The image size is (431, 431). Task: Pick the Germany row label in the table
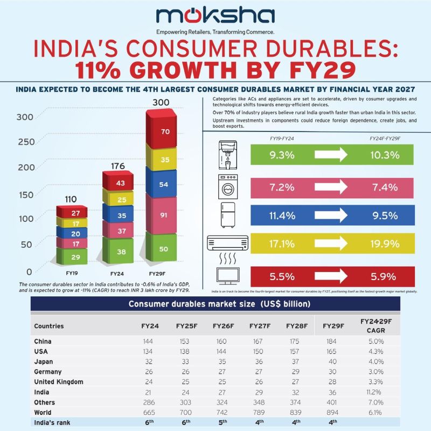tap(47, 372)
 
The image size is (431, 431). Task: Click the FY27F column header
tap(260, 326)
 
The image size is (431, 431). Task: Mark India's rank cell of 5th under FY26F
tap(223, 422)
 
